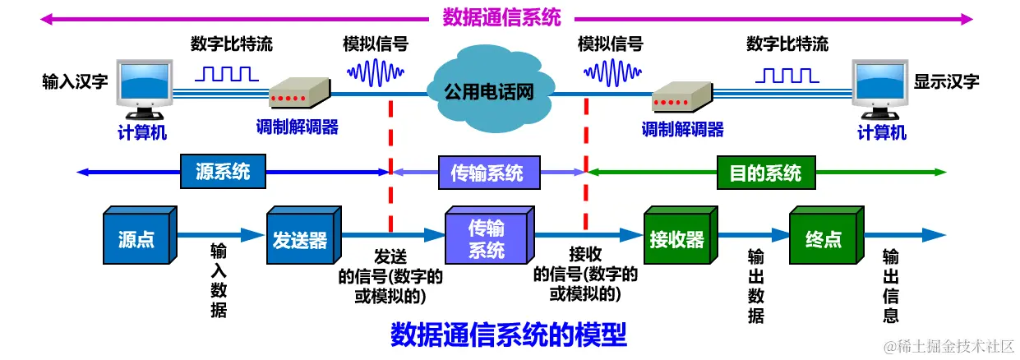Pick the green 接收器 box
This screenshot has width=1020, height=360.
click(x=676, y=239)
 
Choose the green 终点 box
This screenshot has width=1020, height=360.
click(x=823, y=239)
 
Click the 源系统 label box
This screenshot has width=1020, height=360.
click(x=222, y=172)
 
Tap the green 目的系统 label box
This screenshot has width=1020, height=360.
click(x=764, y=173)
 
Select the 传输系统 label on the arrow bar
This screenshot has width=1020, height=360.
click(x=487, y=173)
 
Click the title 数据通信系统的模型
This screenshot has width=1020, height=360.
click(x=508, y=334)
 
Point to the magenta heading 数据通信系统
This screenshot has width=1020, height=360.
click(x=501, y=17)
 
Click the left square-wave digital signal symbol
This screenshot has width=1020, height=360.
click(x=226, y=74)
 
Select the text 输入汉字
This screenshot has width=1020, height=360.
click(x=75, y=81)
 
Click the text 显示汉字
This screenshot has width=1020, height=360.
click(x=946, y=81)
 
